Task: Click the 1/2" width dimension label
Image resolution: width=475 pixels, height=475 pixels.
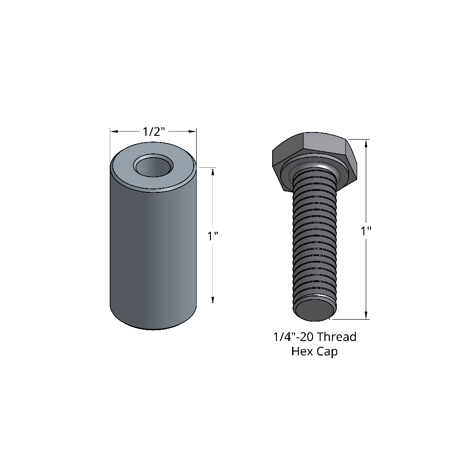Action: pyautogui.click(x=154, y=132)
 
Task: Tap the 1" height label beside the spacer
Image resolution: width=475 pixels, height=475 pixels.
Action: pyautogui.click(x=213, y=236)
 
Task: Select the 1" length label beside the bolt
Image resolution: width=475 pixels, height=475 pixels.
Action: pyautogui.click(x=366, y=231)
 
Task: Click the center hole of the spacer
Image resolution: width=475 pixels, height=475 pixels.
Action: pyautogui.click(x=153, y=167)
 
